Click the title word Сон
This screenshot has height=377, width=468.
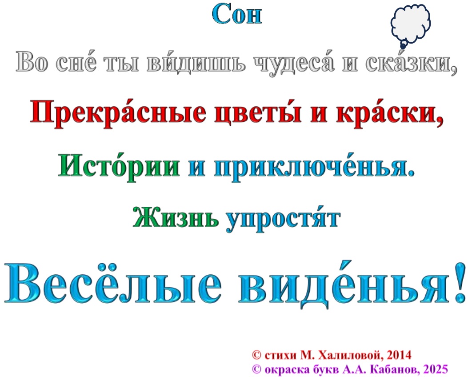[x=237, y=14]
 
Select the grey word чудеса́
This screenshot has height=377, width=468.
[x=294, y=63]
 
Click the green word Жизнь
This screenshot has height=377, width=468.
[x=176, y=217]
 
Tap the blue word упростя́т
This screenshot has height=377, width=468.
[x=283, y=219]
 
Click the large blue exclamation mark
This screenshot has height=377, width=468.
[x=460, y=282]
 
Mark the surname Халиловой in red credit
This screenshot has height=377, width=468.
[x=351, y=355]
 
